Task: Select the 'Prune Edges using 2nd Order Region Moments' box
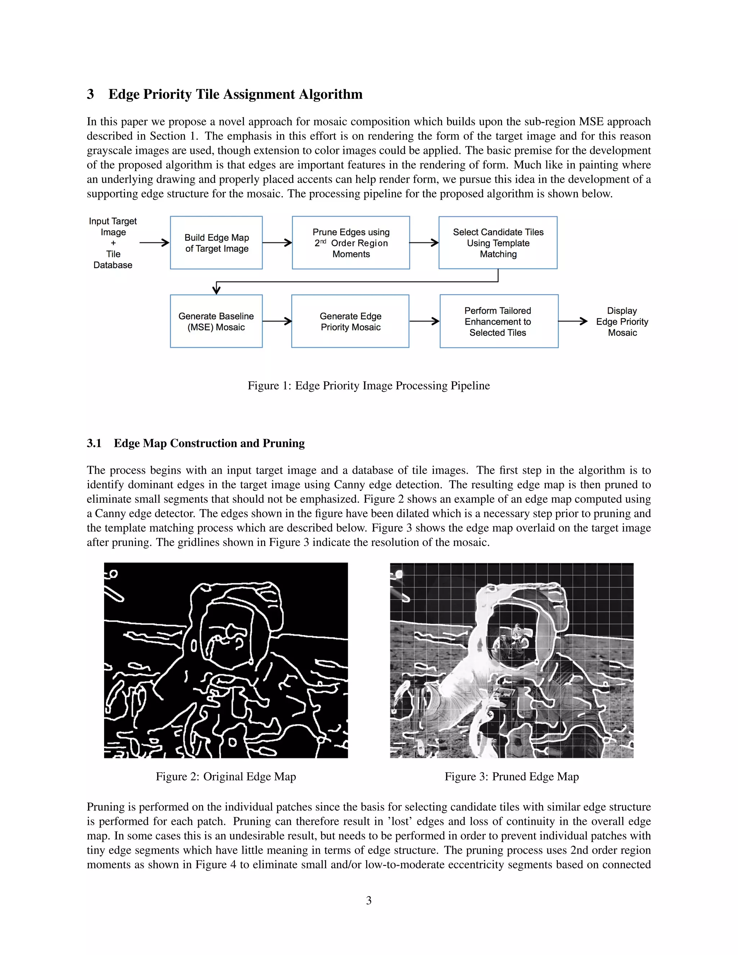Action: click(351, 243)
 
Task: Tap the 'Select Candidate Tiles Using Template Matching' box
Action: click(498, 243)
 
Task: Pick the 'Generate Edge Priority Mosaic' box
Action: click(350, 321)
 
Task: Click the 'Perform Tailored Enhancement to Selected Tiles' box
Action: click(498, 321)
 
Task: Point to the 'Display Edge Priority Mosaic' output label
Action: click(622, 321)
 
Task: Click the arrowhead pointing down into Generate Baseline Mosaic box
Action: click(216, 289)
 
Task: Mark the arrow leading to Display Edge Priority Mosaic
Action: click(573, 321)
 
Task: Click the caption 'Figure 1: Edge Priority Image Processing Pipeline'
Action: click(369, 386)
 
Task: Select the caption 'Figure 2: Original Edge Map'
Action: click(226, 777)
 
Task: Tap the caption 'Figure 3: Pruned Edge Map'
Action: click(512, 777)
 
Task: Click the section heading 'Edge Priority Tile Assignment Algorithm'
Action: click(235, 94)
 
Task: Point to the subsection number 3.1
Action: click(94, 443)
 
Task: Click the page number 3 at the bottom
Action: click(369, 900)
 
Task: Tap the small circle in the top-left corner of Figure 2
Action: click(114, 574)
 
